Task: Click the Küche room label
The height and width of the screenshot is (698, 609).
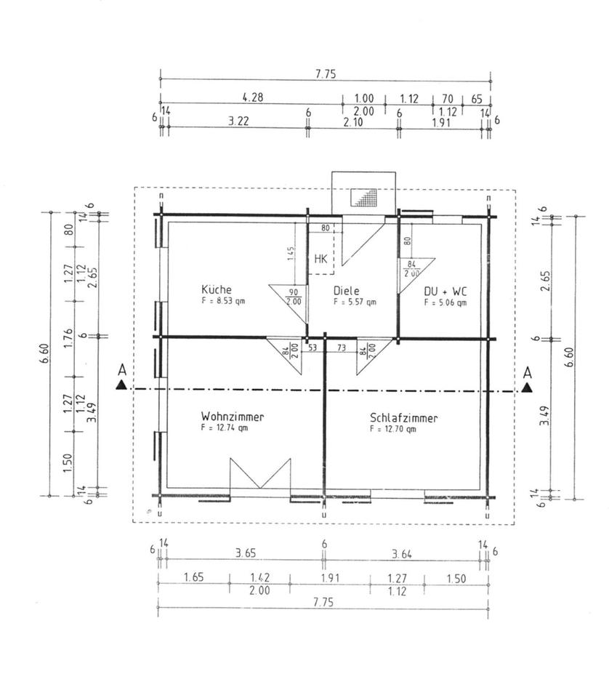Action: [217, 289]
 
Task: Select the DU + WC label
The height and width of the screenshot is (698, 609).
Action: [445, 291]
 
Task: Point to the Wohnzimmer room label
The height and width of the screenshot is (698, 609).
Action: [233, 417]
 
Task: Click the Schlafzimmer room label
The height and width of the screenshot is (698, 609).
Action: [404, 418]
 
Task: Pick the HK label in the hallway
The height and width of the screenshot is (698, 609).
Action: [321, 258]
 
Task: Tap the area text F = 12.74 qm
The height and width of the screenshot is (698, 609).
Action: [225, 428]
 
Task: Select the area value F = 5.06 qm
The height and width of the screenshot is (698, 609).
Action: [445, 302]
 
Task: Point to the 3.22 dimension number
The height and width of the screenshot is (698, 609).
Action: [238, 122]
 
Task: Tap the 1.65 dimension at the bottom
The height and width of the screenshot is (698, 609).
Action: [193, 578]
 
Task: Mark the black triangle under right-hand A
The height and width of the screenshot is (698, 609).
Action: [527, 388]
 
